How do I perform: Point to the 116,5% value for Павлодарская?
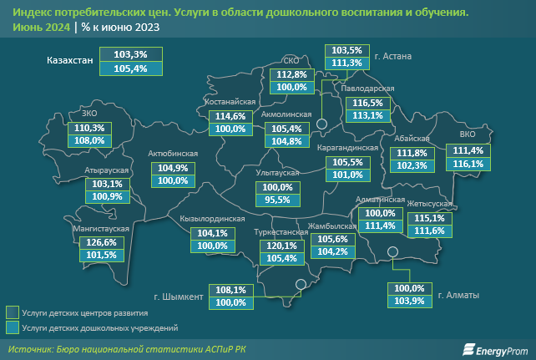click(367, 104)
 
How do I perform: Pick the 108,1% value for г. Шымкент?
click(231, 290)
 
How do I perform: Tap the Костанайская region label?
click(229, 102)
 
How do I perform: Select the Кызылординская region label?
click(212, 219)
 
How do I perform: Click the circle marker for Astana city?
click(321, 124)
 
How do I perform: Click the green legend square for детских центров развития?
click(12, 312)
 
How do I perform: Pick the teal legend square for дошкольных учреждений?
click(12, 328)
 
